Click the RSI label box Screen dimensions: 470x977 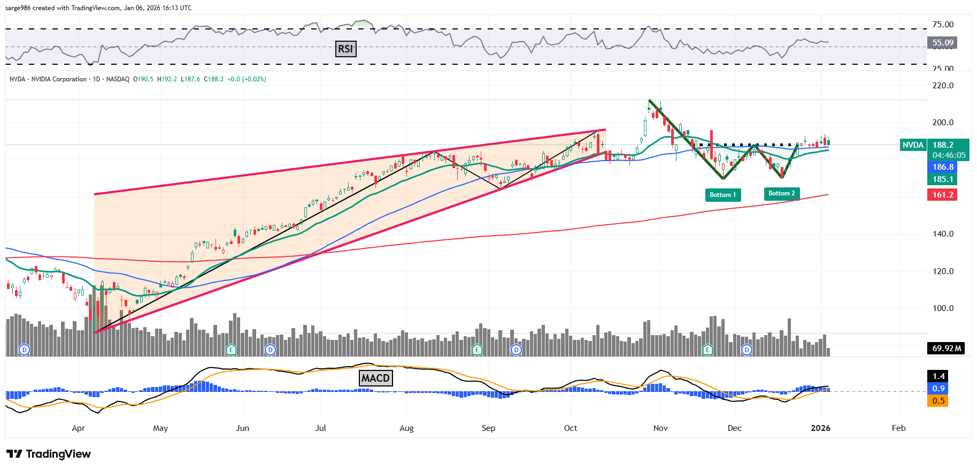point(345,49)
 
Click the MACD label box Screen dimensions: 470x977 point(375,378)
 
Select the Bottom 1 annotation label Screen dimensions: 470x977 point(722,195)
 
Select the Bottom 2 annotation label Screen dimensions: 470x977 point(781,193)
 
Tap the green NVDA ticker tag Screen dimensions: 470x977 point(913,145)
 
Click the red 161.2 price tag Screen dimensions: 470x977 point(942,195)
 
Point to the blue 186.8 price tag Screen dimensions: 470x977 point(942,167)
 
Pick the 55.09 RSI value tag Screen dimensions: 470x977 point(942,43)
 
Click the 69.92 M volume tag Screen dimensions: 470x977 point(946,348)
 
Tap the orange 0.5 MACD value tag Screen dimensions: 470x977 point(938,401)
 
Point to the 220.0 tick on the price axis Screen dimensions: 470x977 point(943,86)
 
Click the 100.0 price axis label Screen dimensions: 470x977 point(943,308)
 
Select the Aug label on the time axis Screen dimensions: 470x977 point(406,428)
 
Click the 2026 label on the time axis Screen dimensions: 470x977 point(820,428)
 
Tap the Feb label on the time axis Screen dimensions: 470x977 point(898,428)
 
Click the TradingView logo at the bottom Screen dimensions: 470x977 point(49,454)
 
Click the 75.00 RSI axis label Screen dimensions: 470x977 point(943,25)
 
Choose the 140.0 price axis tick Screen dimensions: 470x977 point(943,234)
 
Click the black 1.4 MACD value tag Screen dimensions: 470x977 point(938,376)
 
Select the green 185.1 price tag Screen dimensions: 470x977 point(942,179)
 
